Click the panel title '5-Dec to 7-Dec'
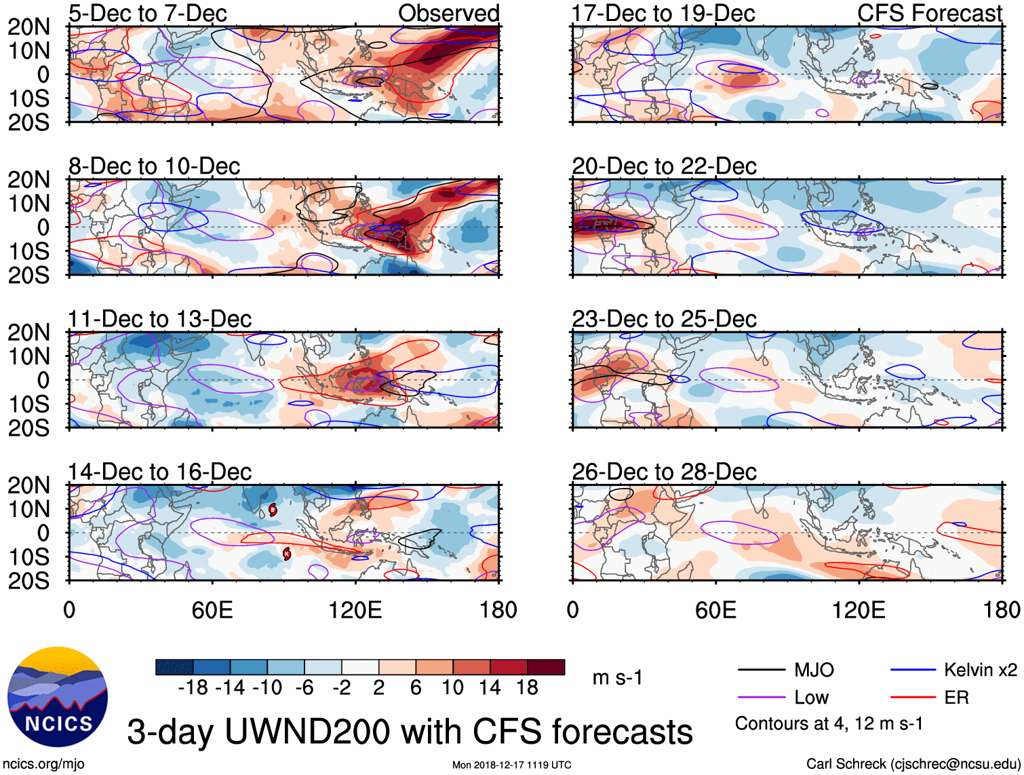pos(147,13)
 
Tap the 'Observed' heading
pos(448,13)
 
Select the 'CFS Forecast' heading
pos(929,13)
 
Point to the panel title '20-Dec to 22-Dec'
pos(664,166)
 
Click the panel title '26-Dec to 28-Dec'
pos(664,472)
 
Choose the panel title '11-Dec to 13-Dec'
pos(159,319)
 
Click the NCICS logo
pos(58,697)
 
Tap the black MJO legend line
pos(762,670)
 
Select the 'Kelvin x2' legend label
pos(980,670)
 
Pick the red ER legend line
pos(913,697)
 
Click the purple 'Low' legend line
pos(762,697)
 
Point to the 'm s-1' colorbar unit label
pos(617,678)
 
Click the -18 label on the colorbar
pos(193,688)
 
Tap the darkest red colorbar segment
pos(546,667)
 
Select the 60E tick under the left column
pos(212,610)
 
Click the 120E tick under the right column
pos(859,610)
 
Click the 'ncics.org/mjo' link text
pos(43,764)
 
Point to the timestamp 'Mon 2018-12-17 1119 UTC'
pos(511,765)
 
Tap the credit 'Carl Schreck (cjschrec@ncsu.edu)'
pos(913,764)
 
